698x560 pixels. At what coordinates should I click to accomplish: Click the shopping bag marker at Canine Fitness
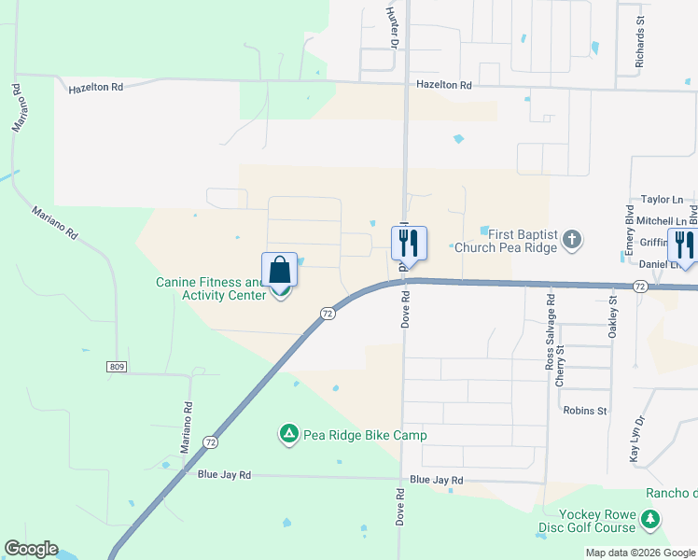pyautogui.click(x=280, y=272)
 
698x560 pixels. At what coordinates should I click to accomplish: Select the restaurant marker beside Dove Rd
pyautogui.click(x=409, y=243)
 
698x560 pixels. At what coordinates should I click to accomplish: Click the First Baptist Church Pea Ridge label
pyautogui.click(x=517, y=239)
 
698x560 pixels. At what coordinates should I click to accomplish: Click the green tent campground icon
pyautogui.click(x=289, y=434)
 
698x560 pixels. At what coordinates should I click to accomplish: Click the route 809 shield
pyautogui.click(x=116, y=367)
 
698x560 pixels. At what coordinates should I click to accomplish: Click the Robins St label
pyautogui.click(x=585, y=410)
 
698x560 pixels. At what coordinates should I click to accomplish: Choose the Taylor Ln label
pyautogui.click(x=663, y=200)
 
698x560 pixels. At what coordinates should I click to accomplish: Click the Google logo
pyautogui.click(x=31, y=549)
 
